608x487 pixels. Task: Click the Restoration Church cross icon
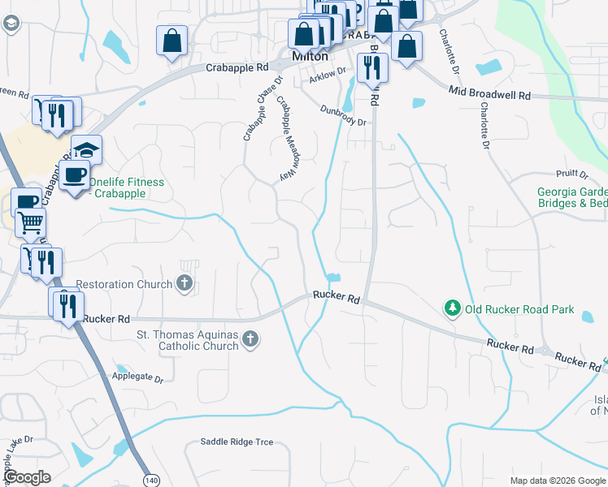pos(185,284)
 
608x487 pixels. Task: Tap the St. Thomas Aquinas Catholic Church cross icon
pos(251,340)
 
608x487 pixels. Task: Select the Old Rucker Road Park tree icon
pos(451,309)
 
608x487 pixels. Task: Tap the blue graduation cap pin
pos(86,149)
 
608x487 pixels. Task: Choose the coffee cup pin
pos(74,174)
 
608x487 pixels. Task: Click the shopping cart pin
pos(30,221)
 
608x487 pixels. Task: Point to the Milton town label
pos(310,57)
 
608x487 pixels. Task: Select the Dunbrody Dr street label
pos(343,115)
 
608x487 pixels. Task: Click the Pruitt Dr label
pos(573,174)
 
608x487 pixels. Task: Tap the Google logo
pos(27,477)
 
